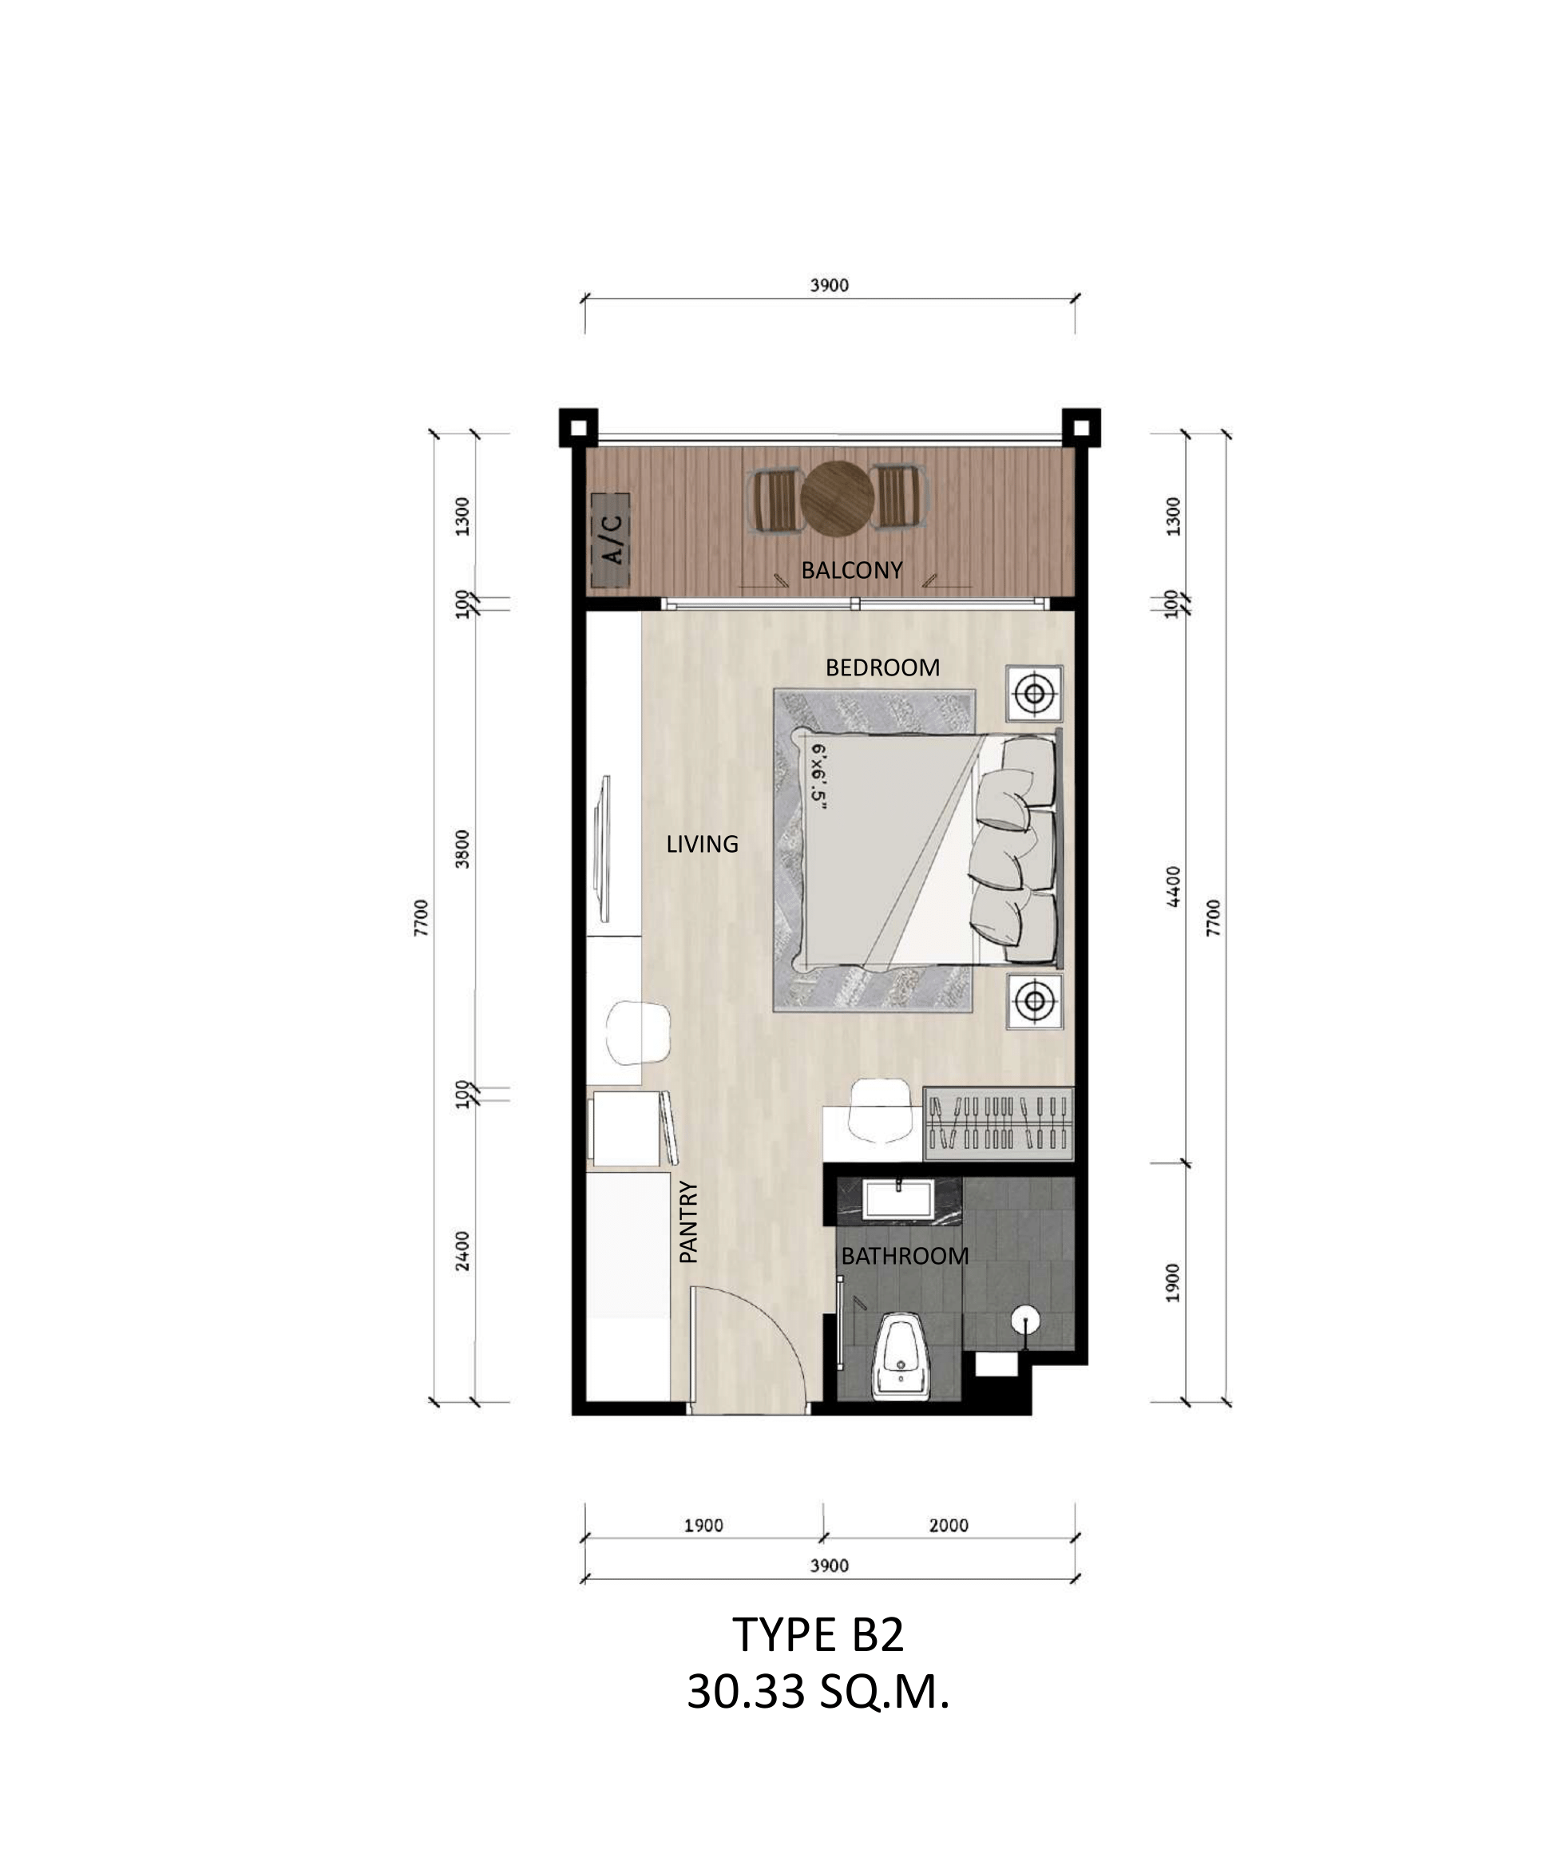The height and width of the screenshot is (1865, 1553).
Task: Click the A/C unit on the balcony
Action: pos(610,540)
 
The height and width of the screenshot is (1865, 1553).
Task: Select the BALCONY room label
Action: pos(851,570)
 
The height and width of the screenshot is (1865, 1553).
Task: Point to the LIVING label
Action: pos(702,844)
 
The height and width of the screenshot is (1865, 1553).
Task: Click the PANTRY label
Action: pos(688,1222)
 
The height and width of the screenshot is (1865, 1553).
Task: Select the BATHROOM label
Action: pos(904,1256)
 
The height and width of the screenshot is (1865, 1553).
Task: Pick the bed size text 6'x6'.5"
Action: pos(818,778)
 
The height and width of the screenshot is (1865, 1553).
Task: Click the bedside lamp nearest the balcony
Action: pos(1033,693)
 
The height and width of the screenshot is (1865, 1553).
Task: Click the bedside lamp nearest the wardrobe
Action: pos(1033,1002)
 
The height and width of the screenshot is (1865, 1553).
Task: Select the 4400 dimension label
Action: pos(1173,886)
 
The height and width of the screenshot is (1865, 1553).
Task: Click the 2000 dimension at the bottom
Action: pos(949,1526)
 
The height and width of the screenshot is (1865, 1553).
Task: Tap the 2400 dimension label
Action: pos(462,1250)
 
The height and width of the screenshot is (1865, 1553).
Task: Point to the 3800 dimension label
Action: pos(462,849)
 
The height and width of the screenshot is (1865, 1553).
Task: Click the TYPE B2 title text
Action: pos(818,1635)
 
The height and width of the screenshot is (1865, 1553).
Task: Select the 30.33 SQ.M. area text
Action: pos(818,1693)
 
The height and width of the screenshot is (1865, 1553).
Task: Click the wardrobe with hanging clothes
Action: pos(998,1123)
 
